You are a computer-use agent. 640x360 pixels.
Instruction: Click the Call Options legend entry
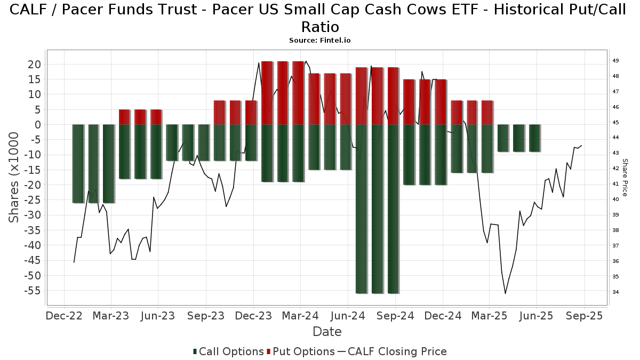point(228,351)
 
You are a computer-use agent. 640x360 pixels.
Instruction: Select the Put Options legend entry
point(301,351)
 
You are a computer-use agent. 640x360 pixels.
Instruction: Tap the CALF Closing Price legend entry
point(393,351)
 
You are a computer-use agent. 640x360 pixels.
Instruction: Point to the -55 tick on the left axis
point(33,291)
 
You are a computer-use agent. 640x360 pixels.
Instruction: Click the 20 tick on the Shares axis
point(34,65)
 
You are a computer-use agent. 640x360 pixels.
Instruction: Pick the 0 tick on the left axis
point(38,125)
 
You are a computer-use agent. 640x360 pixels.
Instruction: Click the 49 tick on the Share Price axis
point(615,61)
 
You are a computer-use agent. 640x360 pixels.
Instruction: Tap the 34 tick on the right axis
point(615,292)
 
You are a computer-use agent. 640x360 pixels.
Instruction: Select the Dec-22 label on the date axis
point(64,316)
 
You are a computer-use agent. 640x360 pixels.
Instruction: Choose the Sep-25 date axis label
point(585,316)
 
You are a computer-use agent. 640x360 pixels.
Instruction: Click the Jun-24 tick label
point(348,316)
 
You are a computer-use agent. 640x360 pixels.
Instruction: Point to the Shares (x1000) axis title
point(13,178)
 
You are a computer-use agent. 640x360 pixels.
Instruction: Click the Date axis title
point(327,332)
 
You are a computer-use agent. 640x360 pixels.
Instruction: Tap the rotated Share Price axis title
point(625,178)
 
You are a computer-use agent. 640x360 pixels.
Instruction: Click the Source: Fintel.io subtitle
point(319,41)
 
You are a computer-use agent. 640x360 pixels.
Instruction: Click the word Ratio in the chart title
point(320,27)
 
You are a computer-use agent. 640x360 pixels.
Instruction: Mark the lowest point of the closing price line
point(505,293)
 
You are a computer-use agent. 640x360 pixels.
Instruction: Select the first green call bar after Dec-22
point(78,164)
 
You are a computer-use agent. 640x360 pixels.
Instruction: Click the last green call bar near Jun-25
point(534,138)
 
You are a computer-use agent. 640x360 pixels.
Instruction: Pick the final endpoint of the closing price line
point(581,146)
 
